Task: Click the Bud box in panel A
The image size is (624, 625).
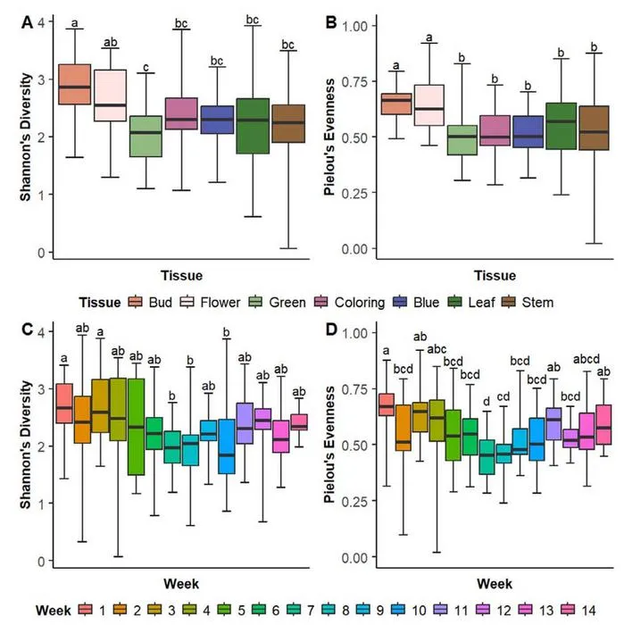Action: point(74,84)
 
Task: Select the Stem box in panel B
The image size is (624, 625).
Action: point(595,128)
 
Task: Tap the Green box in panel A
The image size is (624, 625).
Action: point(146,137)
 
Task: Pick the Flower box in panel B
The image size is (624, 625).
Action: point(429,105)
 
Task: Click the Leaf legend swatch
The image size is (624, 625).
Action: point(454,302)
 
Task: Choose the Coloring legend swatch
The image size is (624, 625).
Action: point(320,302)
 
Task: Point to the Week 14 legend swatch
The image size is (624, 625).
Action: point(568,610)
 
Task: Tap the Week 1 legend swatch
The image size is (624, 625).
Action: point(86,610)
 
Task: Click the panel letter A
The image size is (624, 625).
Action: point(27,22)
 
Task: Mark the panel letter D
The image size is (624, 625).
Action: point(331,329)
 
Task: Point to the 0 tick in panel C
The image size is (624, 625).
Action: point(41,561)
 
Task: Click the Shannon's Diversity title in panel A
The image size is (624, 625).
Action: point(26,137)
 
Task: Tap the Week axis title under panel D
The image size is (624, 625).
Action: point(495,584)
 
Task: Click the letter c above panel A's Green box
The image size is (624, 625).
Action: point(146,67)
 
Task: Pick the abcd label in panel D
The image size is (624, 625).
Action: point(587,359)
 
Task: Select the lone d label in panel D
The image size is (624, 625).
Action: point(487,402)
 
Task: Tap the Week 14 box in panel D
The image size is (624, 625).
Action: point(603,424)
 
